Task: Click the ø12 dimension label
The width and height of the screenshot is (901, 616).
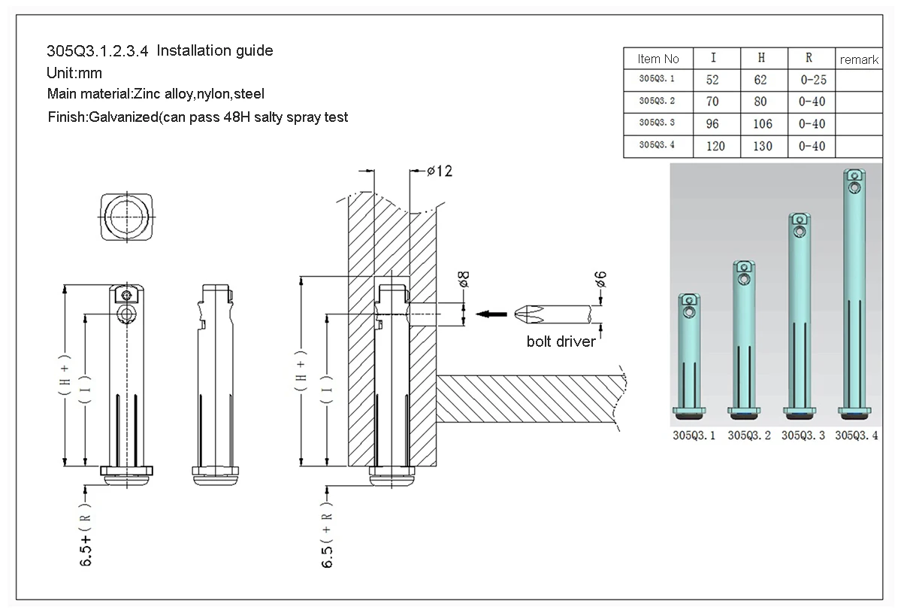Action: pyautogui.click(x=440, y=171)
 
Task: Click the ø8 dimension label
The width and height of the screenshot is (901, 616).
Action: pyautogui.click(x=464, y=281)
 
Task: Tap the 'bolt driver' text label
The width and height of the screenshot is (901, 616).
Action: pyautogui.click(x=561, y=341)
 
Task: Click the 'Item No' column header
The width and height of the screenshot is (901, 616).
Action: pyautogui.click(x=658, y=59)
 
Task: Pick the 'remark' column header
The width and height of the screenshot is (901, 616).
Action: pyautogui.click(x=859, y=59)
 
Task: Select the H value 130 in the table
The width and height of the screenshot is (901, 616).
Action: pyautogui.click(x=762, y=146)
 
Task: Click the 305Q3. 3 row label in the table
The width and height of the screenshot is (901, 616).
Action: pyautogui.click(x=657, y=123)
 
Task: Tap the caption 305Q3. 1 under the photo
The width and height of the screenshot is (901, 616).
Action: pyautogui.click(x=694, y=435)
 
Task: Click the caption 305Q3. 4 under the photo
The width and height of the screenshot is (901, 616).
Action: pyautogui.click(x=857, y=435)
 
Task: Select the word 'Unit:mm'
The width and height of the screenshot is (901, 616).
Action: pyautogui.click(x=74, y=73)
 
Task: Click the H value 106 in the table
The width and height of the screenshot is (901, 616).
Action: pyautogui.click(x=762, y=123)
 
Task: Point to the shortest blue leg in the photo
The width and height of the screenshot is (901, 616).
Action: pyautogui.click(x=691, y=354)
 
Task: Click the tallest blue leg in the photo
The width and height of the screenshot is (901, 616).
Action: pyautogui.click(x=854, y=293)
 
